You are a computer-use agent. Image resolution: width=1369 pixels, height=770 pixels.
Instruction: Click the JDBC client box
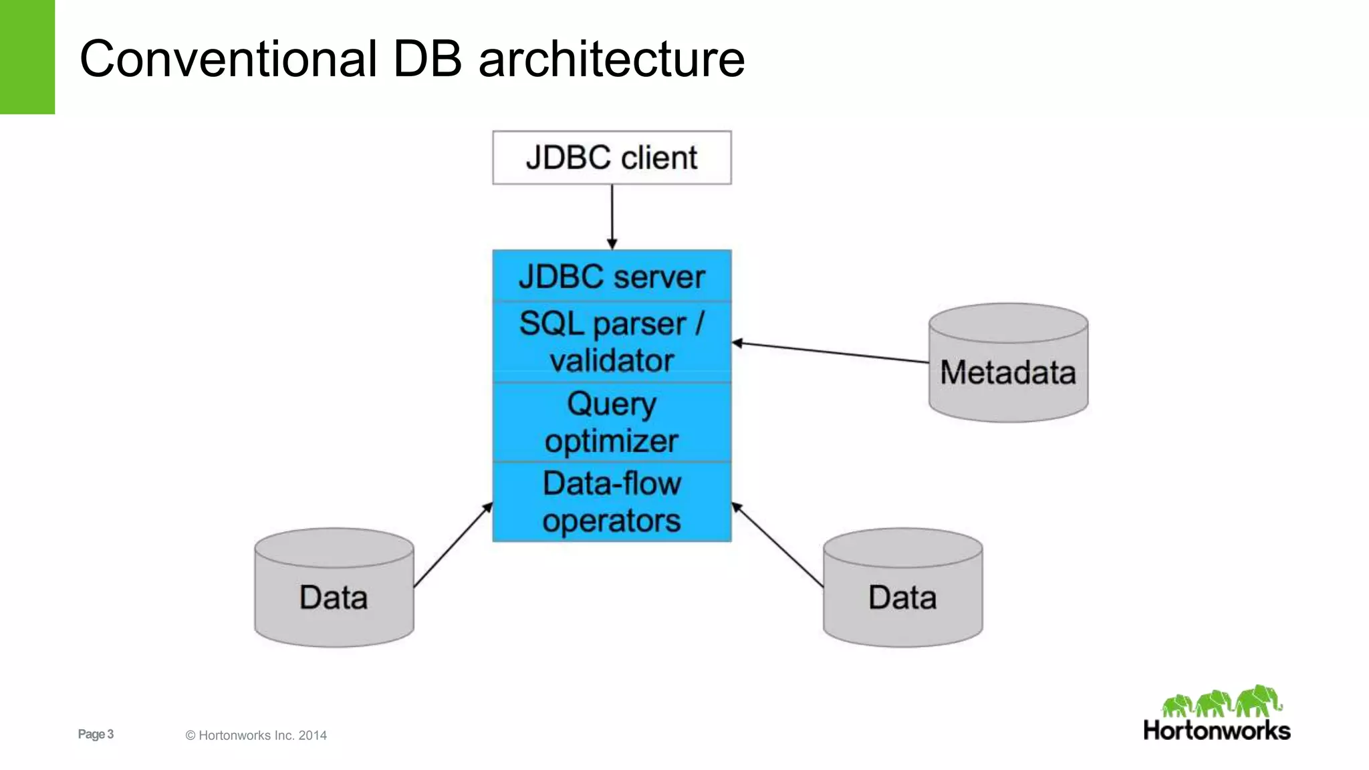(x=612, y=158)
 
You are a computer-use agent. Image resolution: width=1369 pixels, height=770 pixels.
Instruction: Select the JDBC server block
(x=612, y=276)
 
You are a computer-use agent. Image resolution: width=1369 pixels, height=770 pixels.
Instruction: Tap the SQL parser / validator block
(x=612, y=342)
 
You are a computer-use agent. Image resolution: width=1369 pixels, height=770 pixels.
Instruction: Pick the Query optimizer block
(x=612, y=422)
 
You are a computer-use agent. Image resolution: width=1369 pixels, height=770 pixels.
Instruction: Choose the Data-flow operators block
(x=612, y=501)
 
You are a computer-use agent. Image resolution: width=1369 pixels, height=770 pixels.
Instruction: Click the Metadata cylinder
(x=1008, y=372)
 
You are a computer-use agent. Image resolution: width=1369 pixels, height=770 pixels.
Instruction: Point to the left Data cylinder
(x=334, y=596)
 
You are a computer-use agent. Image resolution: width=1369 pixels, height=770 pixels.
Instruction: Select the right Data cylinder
(x=902, y=596)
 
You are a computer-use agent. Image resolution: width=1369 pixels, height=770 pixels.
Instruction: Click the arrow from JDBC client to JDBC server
(x=612, y=215)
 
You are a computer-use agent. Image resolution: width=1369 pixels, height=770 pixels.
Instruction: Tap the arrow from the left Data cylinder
(x=453, y=545)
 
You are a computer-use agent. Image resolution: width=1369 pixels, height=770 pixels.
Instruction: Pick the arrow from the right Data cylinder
(x=777, y=545)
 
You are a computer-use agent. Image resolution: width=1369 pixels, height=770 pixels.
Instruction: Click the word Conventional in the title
(x=228, y=59)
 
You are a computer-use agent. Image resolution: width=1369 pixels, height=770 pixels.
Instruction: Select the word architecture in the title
(x=611, y=59)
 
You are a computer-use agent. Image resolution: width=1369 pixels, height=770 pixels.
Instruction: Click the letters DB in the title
(x=427, y=59)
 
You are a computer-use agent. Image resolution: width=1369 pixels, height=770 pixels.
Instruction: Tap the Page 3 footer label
(x=96, y=734)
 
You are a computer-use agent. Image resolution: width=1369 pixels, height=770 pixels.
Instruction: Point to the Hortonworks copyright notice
(x=256, y=735)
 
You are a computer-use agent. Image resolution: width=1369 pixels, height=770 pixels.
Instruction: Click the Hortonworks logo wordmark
(x=1217, y=731)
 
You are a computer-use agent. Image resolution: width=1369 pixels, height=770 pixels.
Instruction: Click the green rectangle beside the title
(x=27, y=57)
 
